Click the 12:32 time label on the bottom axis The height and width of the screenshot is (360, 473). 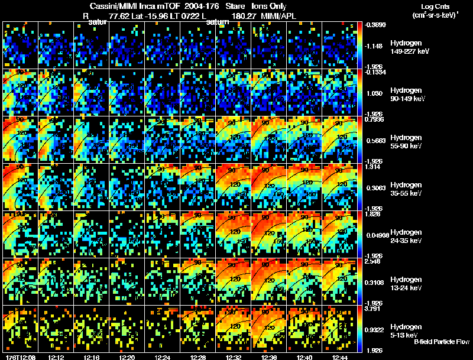pos(234,356)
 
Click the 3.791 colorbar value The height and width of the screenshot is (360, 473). pos(375,308)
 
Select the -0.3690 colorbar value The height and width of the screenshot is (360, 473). pos(375,25)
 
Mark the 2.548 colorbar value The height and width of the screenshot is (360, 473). pos(375,261)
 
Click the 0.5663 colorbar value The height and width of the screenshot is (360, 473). pos(376,141)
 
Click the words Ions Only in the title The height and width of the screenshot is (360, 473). pos(269,7)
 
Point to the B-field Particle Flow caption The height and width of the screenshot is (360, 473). pos(442,342)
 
